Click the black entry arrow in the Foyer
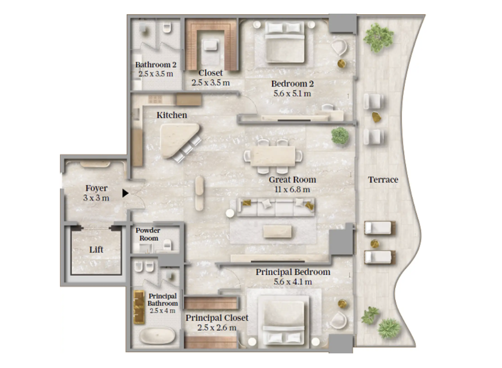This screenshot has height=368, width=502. tap(125, 193)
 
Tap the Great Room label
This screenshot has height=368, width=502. tap(293, 180)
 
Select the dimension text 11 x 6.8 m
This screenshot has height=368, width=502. tap(293, 190)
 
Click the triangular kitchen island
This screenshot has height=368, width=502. tap(179, 139)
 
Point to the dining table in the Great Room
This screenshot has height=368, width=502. tap(273, 156)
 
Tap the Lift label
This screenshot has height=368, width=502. tap(96, 250)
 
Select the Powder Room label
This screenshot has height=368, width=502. tap(148, 234)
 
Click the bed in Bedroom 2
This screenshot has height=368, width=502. tap(284, 42)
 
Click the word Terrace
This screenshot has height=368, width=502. tap(383, 180)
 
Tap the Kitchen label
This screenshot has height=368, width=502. tap(172, 115)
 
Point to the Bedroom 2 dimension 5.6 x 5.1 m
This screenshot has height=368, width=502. tap(293, 93)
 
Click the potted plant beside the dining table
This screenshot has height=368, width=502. tap(340, 135)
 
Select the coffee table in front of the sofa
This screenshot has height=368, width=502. tap(277, 232)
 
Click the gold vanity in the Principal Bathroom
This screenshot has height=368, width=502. tap(139, 307)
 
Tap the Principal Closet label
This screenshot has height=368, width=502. tap(217, 318)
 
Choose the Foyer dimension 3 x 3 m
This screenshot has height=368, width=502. tap(96, 198)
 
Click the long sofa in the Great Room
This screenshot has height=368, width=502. tap(276, 207)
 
